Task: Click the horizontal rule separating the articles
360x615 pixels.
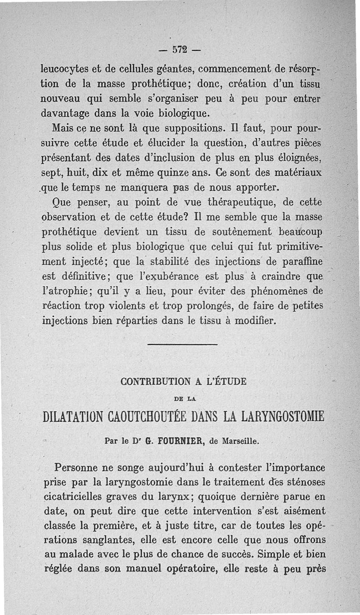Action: tap(182, 345)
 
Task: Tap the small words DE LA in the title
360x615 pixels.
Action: tap(184, 398)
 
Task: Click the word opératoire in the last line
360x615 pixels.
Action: tap(187, 568)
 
